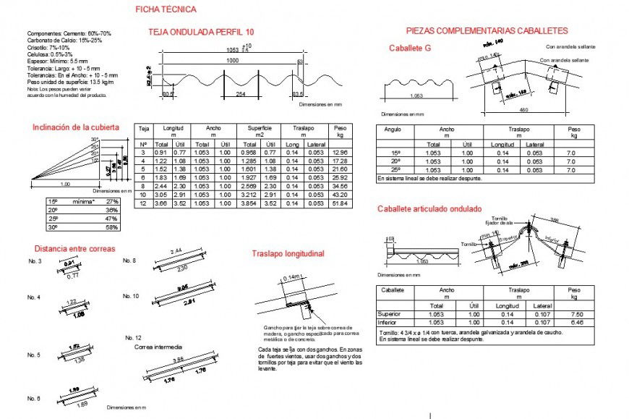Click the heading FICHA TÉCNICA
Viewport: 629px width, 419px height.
165,9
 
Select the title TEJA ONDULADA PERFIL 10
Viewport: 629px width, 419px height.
201,33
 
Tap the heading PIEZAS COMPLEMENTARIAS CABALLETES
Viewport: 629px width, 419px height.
487,31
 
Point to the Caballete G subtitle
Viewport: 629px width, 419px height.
409,48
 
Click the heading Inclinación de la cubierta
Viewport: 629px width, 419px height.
75,127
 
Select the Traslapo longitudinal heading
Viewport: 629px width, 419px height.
288,254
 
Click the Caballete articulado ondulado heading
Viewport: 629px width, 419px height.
429,208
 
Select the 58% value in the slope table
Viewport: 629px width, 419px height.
111,227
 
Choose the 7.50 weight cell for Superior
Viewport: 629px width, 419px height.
576,315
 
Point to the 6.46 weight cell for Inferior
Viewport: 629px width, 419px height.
576,322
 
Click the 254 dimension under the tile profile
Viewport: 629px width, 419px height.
241,94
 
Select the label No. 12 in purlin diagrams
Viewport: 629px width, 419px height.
133,338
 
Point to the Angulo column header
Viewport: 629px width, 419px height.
393,130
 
